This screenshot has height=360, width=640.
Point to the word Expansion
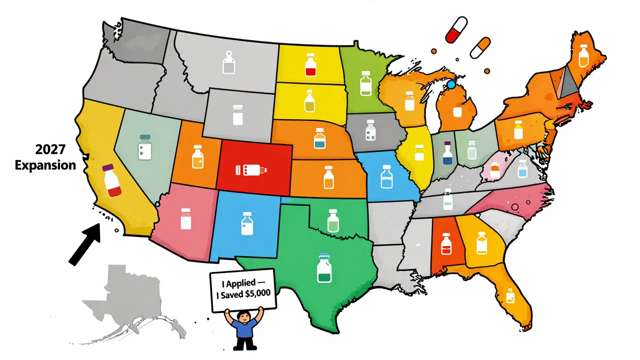pos(45,165)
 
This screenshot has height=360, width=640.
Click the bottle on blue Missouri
pos(385,176)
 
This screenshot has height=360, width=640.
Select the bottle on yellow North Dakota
pos(310,66)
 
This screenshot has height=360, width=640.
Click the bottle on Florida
pos(510,296)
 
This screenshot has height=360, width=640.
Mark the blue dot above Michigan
pos(451,85)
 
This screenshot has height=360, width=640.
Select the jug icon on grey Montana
pos(228,63)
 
